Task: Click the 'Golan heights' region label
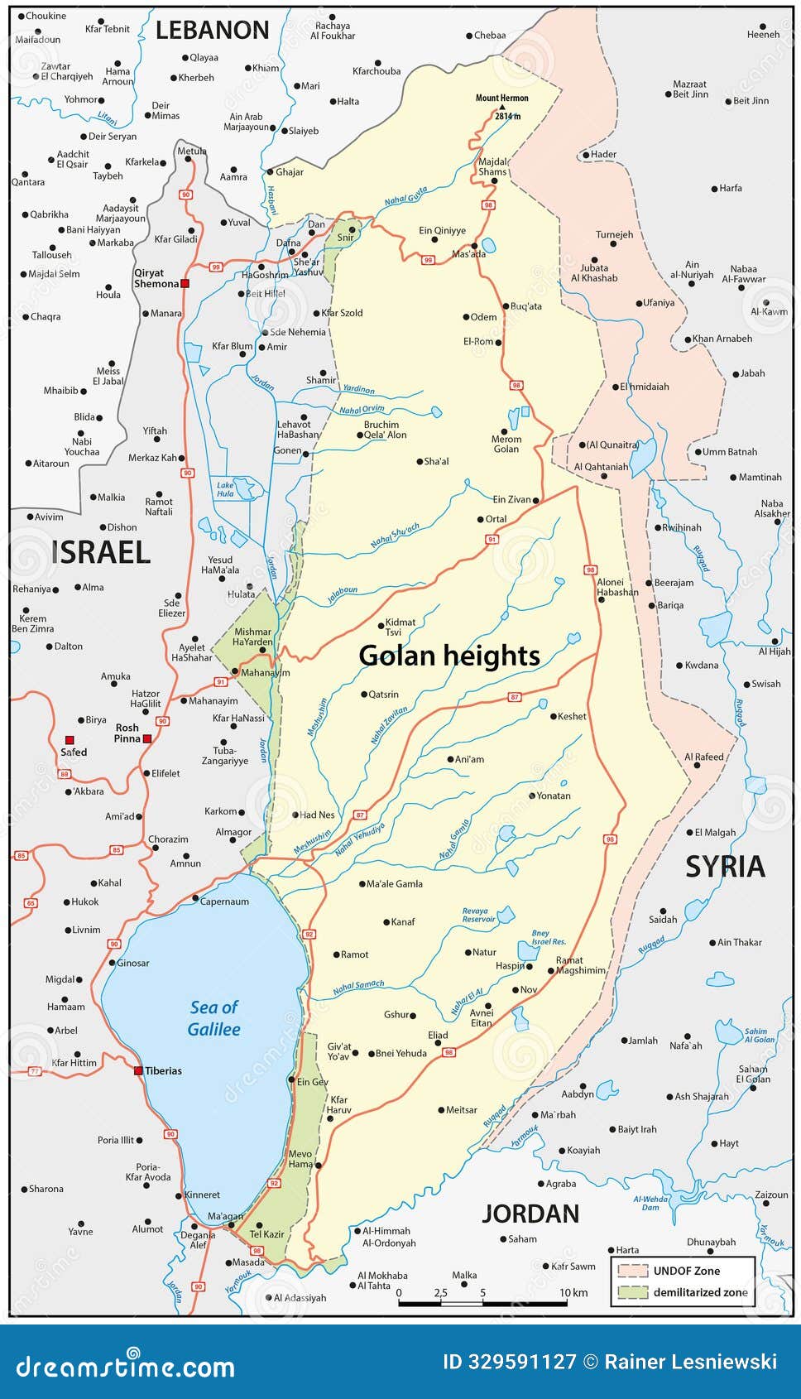pos(449,656)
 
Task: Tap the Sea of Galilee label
pos(213,1018)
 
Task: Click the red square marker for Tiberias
pos(138,1070)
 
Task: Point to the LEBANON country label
pos(213,31)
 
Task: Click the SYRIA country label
pos(725,867)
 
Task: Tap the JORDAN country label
pos(530,1214)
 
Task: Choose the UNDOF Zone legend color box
pos(632,1271)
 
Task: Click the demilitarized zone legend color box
pos(632,1291)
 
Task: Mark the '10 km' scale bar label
pos(573,1292)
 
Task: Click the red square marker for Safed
pos(70,740)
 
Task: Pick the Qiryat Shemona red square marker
pos(185,283)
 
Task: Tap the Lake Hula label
pos(225,489)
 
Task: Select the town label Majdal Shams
pos(493,166)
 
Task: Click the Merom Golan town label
pos(506,444)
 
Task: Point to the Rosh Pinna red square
pos(147,738)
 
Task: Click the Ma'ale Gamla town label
pos(395,883)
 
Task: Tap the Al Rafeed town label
pos(703,757)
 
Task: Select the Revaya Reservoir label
pos(478,915)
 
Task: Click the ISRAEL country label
pos(100,551)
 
